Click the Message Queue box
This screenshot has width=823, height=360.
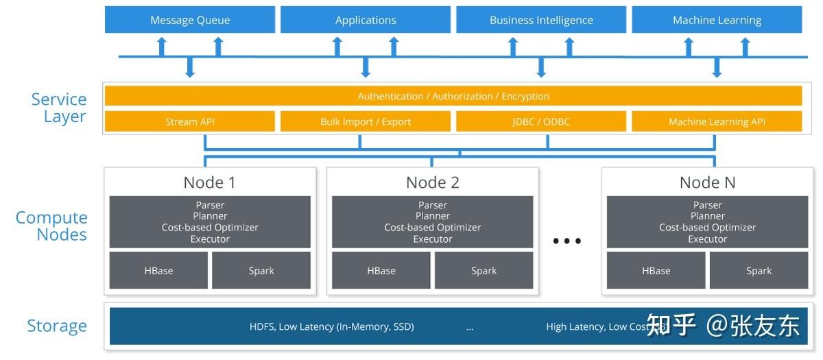coord(190,20)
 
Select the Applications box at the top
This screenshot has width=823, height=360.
coord(366,20)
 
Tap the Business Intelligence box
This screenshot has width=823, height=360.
coord(541,20)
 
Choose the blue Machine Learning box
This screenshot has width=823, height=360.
coord(717,20)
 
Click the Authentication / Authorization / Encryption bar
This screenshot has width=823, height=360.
coord(453,96)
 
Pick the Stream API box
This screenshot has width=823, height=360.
coord(190,121)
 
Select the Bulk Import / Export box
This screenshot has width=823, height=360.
coord(366,121)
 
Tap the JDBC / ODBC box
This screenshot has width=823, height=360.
coord(541,121)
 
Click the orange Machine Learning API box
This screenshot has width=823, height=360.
coord(717,121)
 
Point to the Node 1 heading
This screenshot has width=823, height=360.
coord(210,182)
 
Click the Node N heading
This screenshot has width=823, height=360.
coord(707,182)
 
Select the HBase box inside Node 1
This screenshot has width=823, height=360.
coord(158,270)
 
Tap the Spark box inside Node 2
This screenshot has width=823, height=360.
coord(484,270)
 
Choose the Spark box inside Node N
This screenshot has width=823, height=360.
coord(759,270)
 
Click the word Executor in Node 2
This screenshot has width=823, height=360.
coord(433,239)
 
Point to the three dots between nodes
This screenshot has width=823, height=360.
coord(567,241)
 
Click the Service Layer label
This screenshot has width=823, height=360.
coord(59,108)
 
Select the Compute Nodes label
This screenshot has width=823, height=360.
coord(52,226)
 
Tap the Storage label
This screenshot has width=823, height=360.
coord(57,326)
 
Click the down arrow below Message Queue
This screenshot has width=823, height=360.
coord(190,67)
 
